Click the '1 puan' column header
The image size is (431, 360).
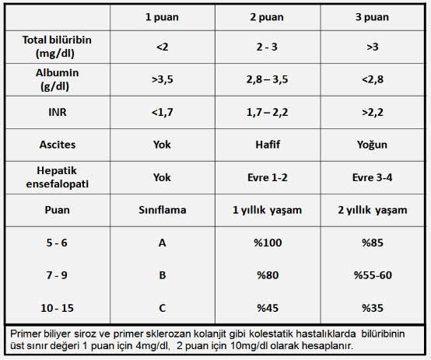(162, 17)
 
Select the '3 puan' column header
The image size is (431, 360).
(372, 17)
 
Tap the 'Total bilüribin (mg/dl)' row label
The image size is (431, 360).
(57, 47)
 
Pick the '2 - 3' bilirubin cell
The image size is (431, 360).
(267, 47)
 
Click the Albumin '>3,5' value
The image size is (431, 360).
(162, 79)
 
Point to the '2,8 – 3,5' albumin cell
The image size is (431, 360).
(267, 79)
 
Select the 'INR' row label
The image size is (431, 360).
(57, 112)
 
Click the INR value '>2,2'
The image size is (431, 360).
(372, 112)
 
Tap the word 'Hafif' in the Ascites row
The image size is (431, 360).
(268, 145)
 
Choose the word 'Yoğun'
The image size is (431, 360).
(372, 145)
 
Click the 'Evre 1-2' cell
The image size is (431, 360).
(267, 177)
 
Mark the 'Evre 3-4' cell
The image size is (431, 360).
(372, 177)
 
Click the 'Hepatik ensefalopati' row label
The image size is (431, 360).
(57, 177)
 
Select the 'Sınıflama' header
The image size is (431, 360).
(162, 210)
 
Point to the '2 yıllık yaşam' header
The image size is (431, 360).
(372, 210)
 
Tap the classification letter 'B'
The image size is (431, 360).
(162, 275)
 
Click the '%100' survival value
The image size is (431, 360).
(268, 243)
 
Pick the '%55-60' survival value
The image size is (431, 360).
(373, 275)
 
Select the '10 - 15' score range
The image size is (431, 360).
(57, 308)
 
